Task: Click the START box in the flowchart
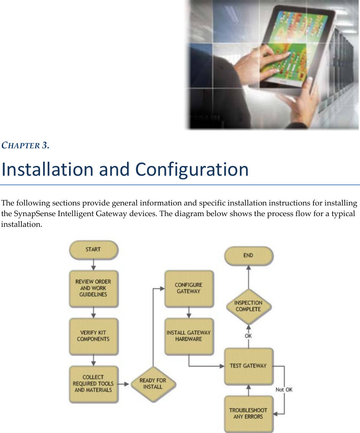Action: point(93,250)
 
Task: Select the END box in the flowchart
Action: point(248,255)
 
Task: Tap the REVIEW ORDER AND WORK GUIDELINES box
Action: point(93,288)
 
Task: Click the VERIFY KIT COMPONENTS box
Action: point(93,336)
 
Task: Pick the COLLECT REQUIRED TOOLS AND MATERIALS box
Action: point(93,383)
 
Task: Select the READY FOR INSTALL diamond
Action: point(153,383)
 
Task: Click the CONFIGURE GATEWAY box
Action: point(189,288)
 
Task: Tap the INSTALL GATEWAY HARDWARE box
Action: point(189,336)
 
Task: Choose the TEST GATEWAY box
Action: point(248,366)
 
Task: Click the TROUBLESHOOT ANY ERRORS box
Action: point(248,414)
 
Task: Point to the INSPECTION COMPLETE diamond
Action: point(248,306)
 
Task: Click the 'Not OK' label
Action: point(284,390)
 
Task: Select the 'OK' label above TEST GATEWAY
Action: point(248,336)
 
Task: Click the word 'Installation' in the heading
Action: point(48,169)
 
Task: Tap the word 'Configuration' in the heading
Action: point(192,169)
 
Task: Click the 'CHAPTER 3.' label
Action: point(25,146)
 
